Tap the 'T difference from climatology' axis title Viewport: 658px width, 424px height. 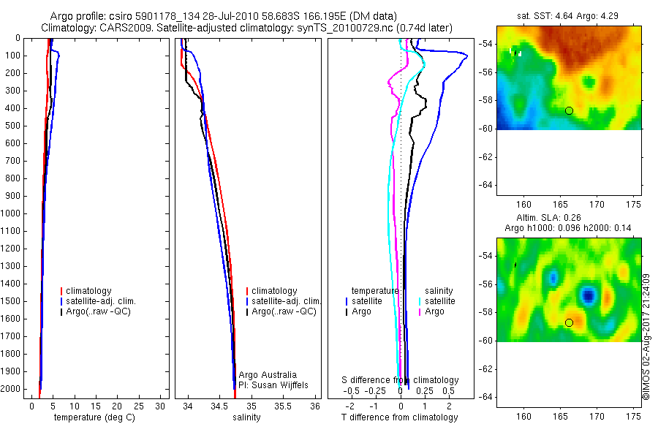(x=399, y=417)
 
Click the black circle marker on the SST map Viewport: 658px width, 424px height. (x=569, y=110)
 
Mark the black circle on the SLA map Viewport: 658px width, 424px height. (x=569, y=322)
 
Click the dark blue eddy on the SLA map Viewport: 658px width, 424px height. (x=589, y=295)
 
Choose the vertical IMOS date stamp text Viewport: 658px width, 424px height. (x=646, y=336)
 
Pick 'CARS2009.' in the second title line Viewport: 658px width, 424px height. (x=125, y=28)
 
